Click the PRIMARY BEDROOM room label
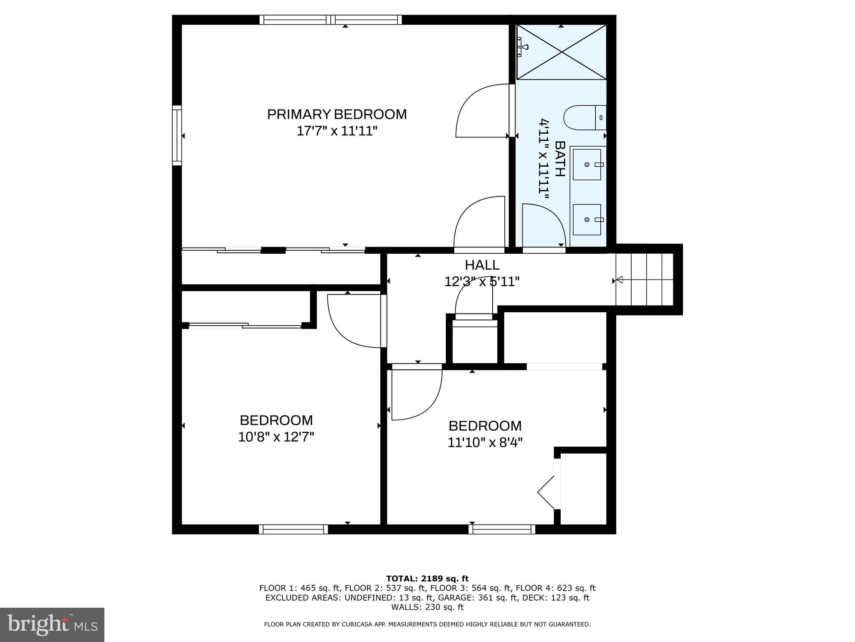[336, 114]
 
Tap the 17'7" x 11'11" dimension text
[336, 131]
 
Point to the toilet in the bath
[584, 117]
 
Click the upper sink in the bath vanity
[587, 165]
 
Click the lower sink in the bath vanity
[587, 219]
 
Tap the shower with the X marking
[562, 52]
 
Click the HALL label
[482, 265]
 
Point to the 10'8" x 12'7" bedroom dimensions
[276, 437]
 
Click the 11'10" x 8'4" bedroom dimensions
[485, 442]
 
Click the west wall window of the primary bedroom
[177, 135]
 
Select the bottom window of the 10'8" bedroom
[293, 530]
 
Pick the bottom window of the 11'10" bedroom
[501, 530]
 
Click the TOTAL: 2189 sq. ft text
[427, 579]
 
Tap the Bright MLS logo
[52, 624]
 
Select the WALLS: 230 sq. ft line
[427, 607]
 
